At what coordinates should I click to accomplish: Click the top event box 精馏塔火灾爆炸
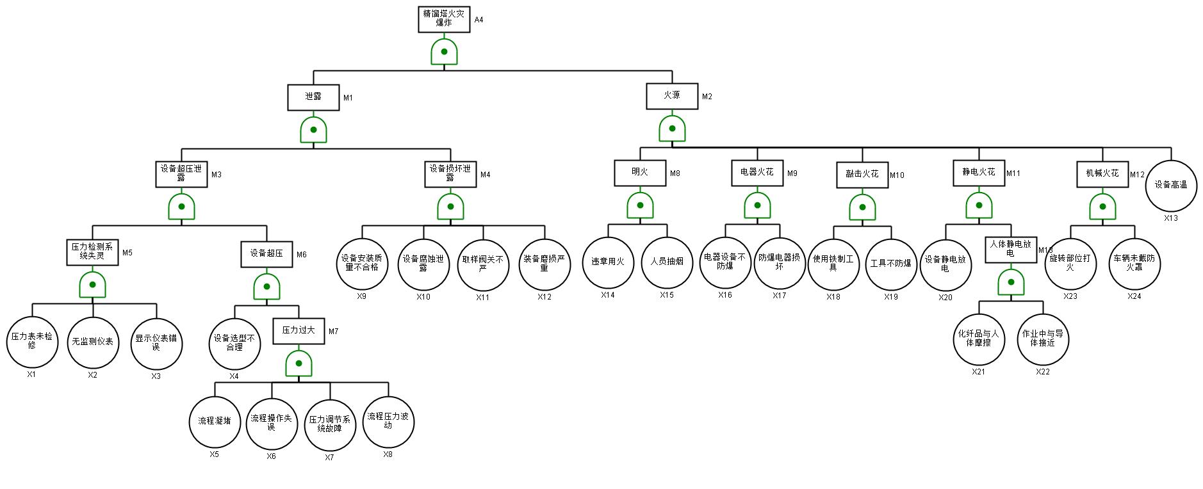(444, 19)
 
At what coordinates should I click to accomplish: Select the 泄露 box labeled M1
(313, 97)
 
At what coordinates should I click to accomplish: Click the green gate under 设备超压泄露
(182, 206)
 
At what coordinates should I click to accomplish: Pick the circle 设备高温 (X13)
(1171, 186)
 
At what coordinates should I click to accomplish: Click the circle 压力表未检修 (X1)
(32, 342)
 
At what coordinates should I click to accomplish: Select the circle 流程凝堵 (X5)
(215, 422)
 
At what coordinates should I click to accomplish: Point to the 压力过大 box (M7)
(299, 331)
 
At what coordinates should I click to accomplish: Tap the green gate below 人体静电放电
(1011, 282)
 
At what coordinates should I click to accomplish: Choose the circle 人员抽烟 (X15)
(667, 262)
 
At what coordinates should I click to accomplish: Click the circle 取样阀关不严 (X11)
(483, 264)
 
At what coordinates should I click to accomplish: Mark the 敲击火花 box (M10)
(862, 175)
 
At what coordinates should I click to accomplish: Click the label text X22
(1043, 372)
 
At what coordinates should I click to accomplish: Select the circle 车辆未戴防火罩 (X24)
(1134, 263)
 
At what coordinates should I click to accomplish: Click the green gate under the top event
(444, 51)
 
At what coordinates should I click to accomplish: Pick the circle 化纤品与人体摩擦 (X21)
(978, 339)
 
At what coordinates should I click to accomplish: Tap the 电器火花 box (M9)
(757, 173)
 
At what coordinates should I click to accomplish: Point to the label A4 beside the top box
(479, 20)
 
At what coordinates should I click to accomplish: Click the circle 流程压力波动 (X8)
(388, 421)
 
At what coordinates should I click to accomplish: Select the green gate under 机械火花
(1102, 206)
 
